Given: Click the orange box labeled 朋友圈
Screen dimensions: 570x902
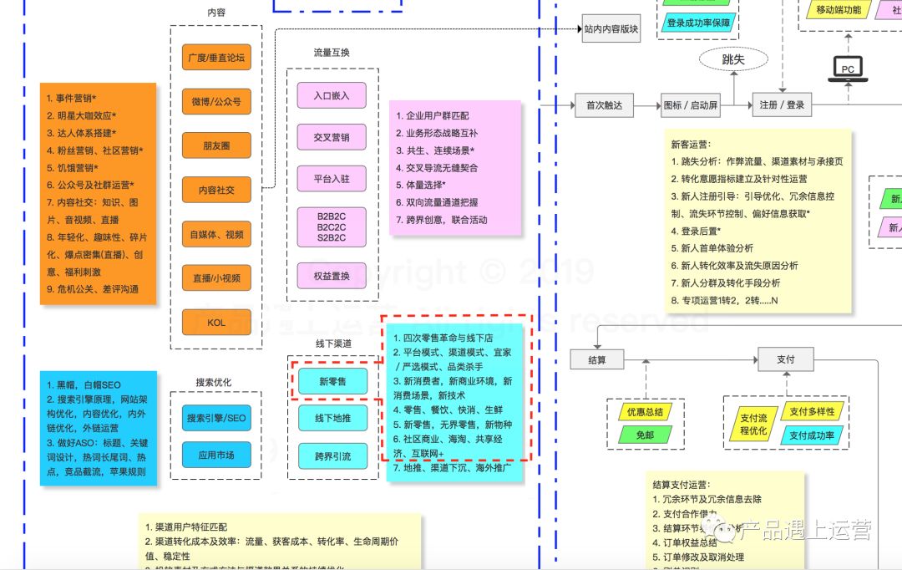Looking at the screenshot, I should coord(216,145).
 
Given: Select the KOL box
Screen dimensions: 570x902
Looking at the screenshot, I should coord(216,323).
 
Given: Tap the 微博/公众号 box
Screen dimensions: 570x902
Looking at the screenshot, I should coord(216,102).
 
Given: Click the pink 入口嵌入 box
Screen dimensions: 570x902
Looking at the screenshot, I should coord(332,95).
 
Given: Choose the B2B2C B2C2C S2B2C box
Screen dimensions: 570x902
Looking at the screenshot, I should coord(332,226).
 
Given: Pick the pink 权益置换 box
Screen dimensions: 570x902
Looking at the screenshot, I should coord(332,276).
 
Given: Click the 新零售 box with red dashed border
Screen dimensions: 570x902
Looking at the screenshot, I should coord(332,382).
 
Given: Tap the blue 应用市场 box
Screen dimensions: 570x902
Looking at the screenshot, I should coord(216,455).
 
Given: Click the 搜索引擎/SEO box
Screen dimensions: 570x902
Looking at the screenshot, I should coord(216,418).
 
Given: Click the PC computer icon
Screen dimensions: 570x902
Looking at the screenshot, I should coord(848,68).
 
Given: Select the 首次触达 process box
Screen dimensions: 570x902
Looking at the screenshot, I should coord(604,105).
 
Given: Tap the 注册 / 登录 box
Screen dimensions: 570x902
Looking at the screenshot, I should coord(783,105).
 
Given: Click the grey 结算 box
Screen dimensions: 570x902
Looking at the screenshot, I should coord(597,359).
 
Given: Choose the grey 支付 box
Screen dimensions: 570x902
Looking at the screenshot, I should coord(786,359).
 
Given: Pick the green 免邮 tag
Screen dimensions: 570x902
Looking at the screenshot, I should coord(645,435).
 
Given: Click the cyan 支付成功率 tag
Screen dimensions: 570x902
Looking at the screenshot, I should coord(813,435).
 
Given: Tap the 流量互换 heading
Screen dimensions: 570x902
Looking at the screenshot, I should coord(332,53).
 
